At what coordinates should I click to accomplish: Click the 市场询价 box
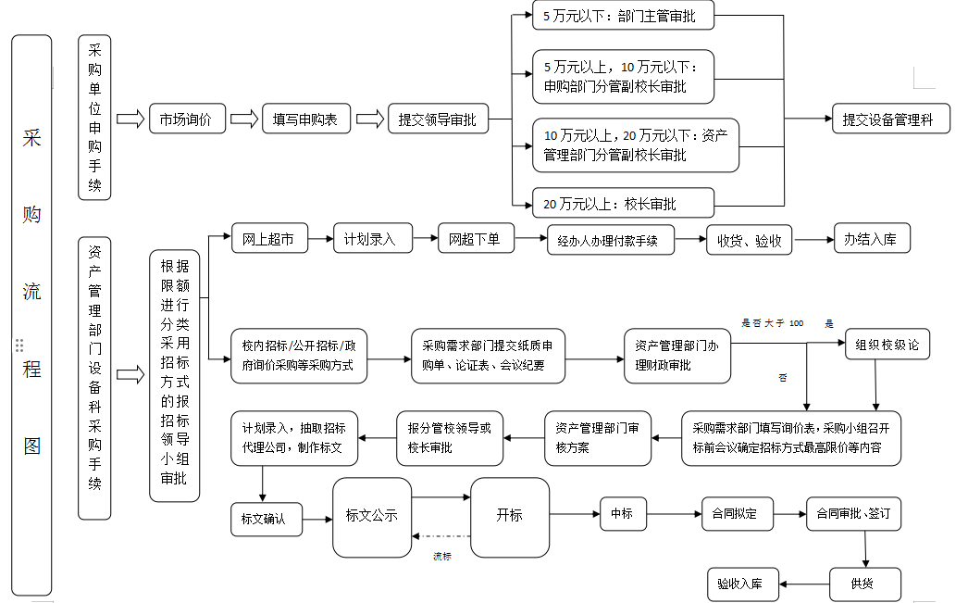click(186, 119)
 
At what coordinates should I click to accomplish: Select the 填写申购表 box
click(304, 119)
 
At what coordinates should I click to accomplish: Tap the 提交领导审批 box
click(437, 119)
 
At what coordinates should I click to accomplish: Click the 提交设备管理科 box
click(890, 119)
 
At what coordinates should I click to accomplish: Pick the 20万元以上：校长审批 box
click(623, 204)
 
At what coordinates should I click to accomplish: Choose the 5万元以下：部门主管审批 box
click(626, 15)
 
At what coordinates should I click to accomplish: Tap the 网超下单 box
click(476, 239)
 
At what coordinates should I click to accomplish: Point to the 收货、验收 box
click(750, 241)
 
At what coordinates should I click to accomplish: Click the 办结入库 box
click(871, 239)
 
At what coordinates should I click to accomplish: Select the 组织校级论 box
click(887, 345)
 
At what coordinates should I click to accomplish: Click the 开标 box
click(510, 516)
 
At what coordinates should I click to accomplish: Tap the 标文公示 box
click(371, 516)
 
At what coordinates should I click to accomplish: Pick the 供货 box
click(863, 584)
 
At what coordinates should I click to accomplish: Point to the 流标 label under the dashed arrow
click(442, 557)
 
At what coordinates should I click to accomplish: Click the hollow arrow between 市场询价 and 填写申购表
click(242, 119)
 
